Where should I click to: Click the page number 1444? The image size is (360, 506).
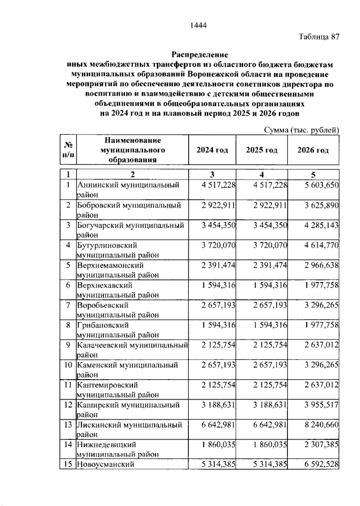[x=199, y=25]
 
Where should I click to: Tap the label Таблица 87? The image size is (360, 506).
[x=319, y=37]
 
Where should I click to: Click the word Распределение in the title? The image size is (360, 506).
[x=199, y=55]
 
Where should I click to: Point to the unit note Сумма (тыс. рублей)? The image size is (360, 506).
[x=301, y=130]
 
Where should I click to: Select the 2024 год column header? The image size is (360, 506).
[x=212, y=150]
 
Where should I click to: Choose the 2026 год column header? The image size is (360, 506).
[x=313, y=150]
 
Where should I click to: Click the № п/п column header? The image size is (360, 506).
[x=68, y=150]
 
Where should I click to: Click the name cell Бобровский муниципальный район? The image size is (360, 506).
[x=129, y=210]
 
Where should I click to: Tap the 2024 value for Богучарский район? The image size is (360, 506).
[x=218, y=225]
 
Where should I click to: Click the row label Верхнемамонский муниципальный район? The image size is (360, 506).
[x=118, y=270]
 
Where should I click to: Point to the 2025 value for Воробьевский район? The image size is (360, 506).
[x=270, y=305]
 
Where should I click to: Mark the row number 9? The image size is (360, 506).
[x=68, y=345]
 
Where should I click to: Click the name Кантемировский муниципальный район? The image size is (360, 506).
[x=118, y=390]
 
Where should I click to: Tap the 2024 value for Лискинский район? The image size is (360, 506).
[x=218, y=425]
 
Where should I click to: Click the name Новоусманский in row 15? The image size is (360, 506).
[x=106, y=464]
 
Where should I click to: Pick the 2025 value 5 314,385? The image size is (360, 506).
[x=270, y=464]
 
